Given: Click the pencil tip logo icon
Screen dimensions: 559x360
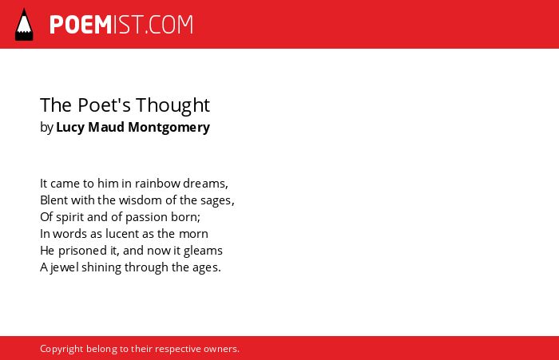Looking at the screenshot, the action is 24,25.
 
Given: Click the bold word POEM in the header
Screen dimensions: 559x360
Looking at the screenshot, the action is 81,25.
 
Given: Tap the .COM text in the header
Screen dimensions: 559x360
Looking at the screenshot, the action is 169,25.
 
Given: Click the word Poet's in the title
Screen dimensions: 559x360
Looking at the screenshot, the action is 104,105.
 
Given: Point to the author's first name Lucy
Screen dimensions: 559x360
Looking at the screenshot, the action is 70,128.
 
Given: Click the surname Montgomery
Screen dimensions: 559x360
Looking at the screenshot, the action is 169,128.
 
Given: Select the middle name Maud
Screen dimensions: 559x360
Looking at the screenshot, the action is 106,127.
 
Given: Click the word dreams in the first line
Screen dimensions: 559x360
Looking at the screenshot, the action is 204,184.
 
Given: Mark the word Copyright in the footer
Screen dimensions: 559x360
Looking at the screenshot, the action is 61,349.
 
